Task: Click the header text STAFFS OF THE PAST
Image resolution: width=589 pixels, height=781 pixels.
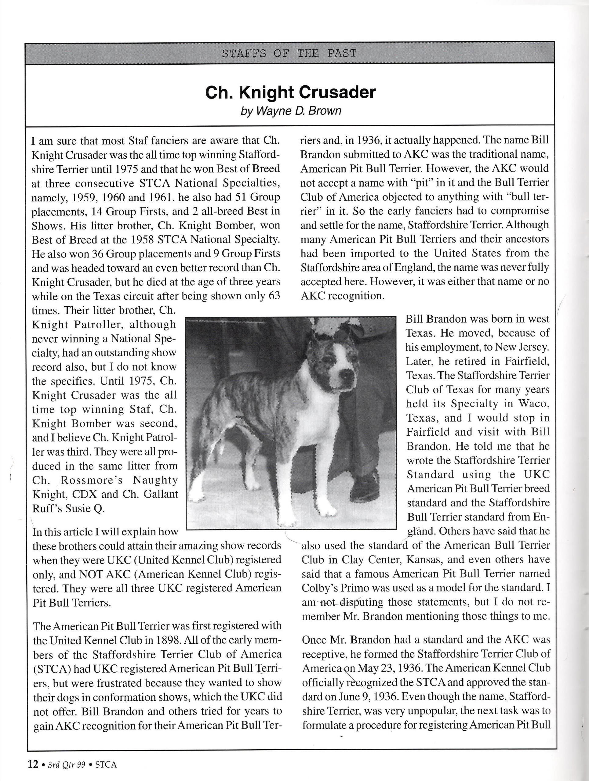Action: [x=289, y=54]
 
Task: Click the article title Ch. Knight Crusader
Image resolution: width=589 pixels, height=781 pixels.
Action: [x=290, y=92]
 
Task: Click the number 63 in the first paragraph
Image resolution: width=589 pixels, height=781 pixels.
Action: [x=274, y=296]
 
